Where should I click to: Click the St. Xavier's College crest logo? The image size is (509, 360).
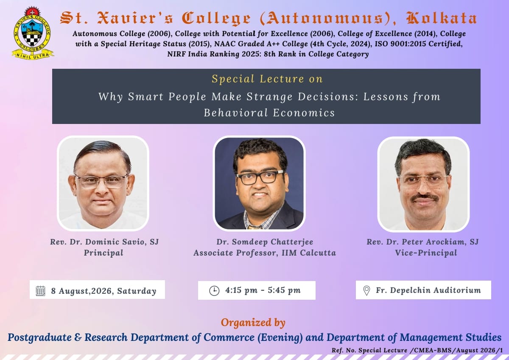pos(33,33)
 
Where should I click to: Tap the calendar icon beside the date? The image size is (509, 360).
pos(40,291)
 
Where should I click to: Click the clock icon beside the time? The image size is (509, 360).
pos(214,291)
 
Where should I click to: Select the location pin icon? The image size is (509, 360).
pos(366,290)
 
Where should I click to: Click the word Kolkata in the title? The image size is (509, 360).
pos(442,18)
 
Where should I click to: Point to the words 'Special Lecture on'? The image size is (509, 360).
pos(267,79)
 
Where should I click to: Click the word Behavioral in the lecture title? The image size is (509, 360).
pos(236,112)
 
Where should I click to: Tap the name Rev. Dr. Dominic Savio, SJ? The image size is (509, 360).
pos(104,242)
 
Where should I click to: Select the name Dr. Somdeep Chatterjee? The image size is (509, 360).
pos(265,242)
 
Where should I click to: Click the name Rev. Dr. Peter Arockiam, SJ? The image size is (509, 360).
pos(422,242)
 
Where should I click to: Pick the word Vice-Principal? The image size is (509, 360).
pos(426,253)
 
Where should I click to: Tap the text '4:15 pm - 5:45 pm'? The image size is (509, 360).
pos(263,290)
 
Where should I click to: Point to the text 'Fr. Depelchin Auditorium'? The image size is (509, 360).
pos(428,290)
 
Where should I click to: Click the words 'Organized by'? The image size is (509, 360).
pos(253,323)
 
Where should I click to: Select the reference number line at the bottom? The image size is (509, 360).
pos(417,350)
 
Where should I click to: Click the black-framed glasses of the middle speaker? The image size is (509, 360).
pos(260,177)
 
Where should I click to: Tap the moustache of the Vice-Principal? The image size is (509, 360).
pos(424,197)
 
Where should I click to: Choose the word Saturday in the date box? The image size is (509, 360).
pos(137,291)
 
